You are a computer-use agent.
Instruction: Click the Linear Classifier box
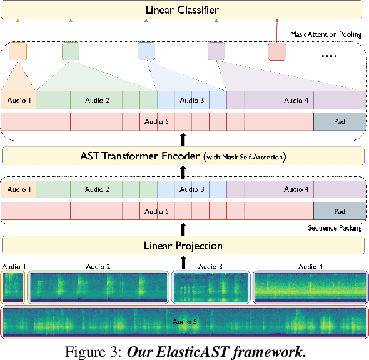pos(182,9)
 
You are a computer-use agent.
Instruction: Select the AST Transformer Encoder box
pos(182,156)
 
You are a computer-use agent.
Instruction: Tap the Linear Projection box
pos(182,245)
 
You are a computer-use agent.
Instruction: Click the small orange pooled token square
pos(18,51)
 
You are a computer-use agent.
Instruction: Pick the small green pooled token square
pos(71,51)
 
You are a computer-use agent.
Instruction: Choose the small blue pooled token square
pos(146,51)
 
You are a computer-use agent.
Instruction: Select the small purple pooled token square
pos(216,51)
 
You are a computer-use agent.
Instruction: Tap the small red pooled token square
pos(277,51)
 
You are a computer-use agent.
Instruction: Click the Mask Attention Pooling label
pos(326,34)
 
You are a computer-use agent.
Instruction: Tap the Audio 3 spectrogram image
pos(210,287)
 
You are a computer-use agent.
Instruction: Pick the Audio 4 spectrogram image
pos(311,287)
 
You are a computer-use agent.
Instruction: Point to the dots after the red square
pos(328,55)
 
